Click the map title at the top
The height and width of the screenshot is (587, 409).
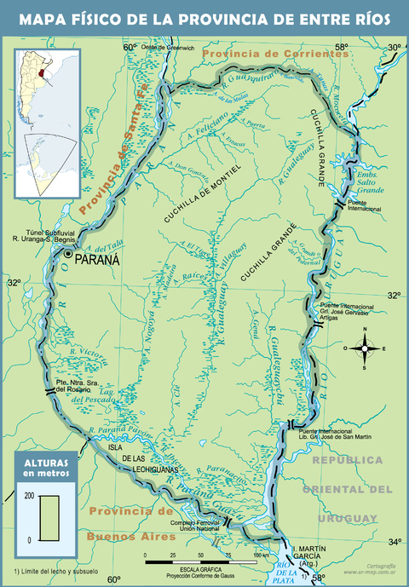tap(204, 18)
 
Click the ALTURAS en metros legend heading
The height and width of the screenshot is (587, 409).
tap(44, 466)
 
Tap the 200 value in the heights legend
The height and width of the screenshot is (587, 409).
tap(27, 496)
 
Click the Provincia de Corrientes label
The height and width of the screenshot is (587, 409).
tap(277, 55)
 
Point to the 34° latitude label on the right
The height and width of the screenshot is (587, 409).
tap(395, 541)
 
